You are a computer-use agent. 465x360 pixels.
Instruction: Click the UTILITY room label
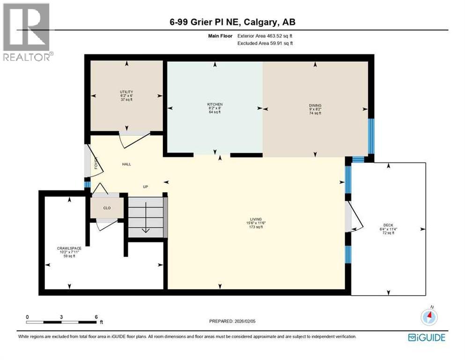126,92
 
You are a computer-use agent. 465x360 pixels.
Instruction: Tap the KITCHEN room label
215,104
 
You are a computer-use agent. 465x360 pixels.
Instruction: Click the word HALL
126,164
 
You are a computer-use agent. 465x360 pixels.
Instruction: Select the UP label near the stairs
145,187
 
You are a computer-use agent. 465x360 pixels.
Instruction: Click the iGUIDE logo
426,337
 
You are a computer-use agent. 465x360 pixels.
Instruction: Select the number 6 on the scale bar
96,317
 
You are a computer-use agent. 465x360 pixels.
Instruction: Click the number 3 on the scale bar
61,317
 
